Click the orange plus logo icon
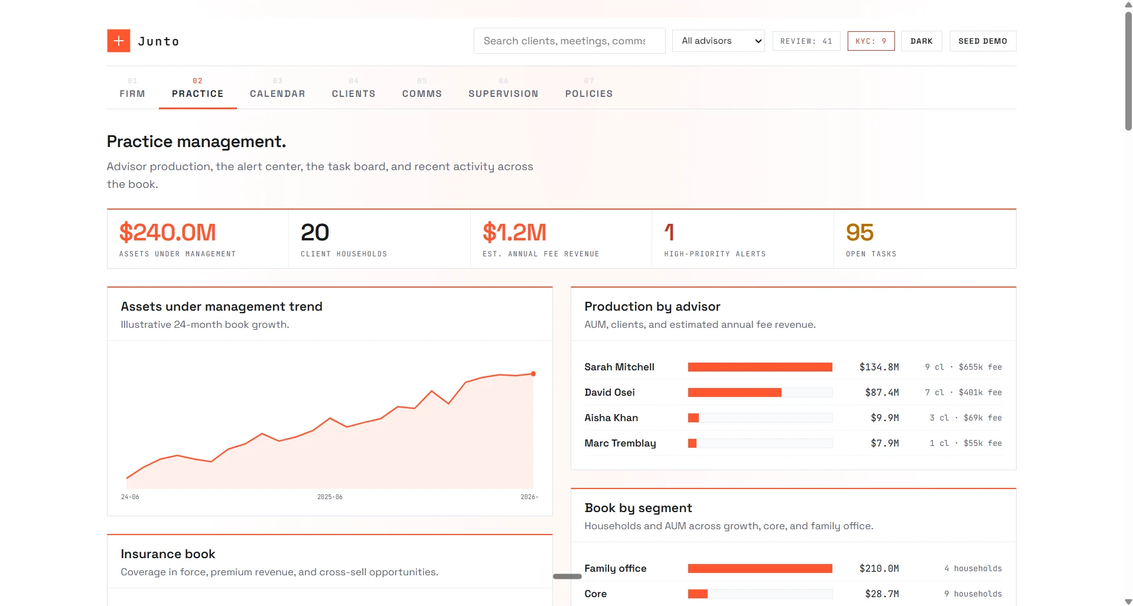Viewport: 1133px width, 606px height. tap(119, 41)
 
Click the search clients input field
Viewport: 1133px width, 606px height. tap(569, 41)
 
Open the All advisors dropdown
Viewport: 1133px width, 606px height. tap(718, 41)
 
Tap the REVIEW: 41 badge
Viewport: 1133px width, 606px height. tap(806, 41)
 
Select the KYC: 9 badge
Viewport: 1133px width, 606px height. tap(871, 41)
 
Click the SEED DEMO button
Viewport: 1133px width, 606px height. tap(983, 41)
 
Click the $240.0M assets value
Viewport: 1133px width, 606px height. tap(168, 233)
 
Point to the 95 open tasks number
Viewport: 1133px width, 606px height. tap(859, 233)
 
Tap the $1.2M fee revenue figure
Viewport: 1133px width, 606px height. tap(515, 233)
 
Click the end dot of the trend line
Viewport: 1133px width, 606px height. tap(533, 374)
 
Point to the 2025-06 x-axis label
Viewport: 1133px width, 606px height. tap(330, 497)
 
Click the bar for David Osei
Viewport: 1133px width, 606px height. tap(735, 393)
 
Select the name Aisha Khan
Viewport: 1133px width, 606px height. tap(611, 418)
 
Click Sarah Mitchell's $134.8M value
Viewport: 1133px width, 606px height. tap(879, 367)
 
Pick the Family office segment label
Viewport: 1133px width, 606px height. tap(616, 569)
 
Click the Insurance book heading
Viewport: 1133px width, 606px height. tap(168, 554)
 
